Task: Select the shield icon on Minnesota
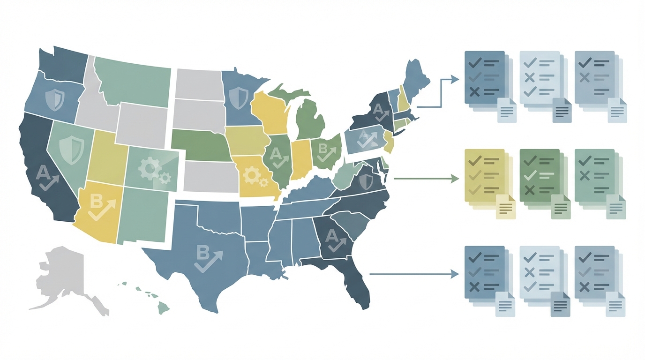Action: point(240,98)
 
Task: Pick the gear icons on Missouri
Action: point(254,176)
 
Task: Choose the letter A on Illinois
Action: point(276,153)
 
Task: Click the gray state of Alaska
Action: point(63,277)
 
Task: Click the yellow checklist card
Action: point(484,176)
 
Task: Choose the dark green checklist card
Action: point(540,176)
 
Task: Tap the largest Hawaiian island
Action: point(163,307)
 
